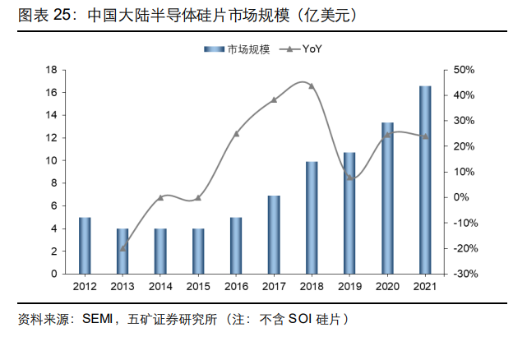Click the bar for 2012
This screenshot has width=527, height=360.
tap(85, 245)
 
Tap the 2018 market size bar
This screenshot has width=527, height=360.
tap(312, 217)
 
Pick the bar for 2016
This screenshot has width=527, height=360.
tap(236, 245)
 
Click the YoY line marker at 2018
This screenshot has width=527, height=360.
tap(312, 85)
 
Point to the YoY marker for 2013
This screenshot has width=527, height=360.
tap(123, 247)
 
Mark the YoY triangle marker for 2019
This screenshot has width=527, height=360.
tap(349, 178)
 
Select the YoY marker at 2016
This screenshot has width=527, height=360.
tap(236, 133)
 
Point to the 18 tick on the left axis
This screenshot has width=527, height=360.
tap(51, 70)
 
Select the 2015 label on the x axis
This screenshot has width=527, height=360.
tap(198, 286)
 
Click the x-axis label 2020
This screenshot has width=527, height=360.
tap(387, 286)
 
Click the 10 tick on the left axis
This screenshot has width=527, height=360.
tap(51, 161)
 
